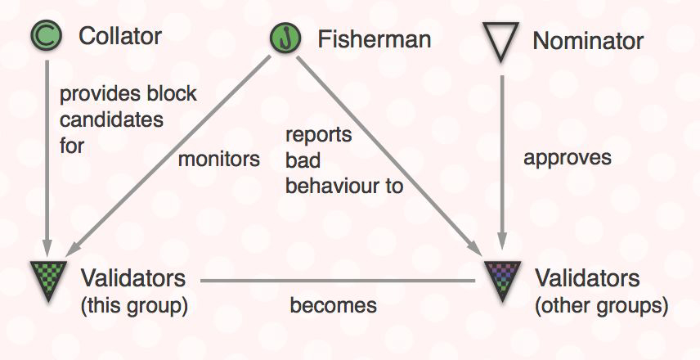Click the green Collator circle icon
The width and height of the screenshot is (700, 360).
pyautogui.click(x=46, y=35)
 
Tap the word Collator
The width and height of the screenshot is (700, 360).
pyautogui.click(x=119, y=36)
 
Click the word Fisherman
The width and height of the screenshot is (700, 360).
pyautogui.click(x=374, y=38)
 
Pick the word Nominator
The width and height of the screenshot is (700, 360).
pyautogui.click(x=588, y=40)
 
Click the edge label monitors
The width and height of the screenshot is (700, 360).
pyautogui.click(x=218, y=159)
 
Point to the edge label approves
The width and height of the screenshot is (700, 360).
pyautogui.click(x=567, y=157)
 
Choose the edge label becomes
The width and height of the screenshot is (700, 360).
pyautogui.click(x=333, y=305)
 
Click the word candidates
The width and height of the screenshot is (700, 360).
pyautogui.click(x=111, y=119)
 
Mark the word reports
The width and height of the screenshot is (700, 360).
pyautogui.click(x=318, y=134)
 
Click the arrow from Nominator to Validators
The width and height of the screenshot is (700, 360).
pyautogui.click(x=501, y=164)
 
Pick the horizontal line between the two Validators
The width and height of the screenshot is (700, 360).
pyautogui.click(x=339, y=281)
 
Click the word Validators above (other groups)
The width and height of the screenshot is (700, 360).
pyautogui.click(x=586, y=277)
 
